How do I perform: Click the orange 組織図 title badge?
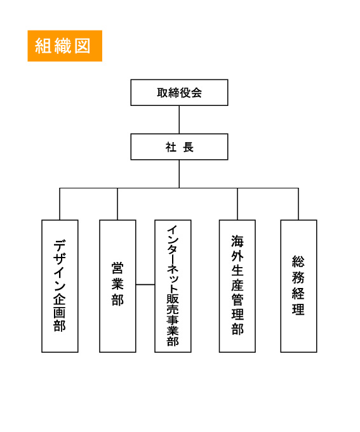64,46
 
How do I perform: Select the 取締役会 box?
179,93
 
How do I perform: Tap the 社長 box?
179,147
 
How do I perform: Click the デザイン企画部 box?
60,285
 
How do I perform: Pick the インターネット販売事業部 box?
173,285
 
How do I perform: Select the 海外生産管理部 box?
237,285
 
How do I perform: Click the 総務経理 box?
298,285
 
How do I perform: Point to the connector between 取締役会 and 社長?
179,119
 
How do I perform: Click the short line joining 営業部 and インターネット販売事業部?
145,285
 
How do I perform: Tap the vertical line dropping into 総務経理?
298,204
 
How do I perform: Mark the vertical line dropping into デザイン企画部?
60,204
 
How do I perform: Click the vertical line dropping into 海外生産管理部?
237,204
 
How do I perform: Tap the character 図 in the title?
83,46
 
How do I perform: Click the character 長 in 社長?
189,147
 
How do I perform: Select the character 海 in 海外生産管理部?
237,242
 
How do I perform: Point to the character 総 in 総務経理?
298,262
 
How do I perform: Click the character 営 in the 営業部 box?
117,269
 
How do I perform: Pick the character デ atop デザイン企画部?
60,244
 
